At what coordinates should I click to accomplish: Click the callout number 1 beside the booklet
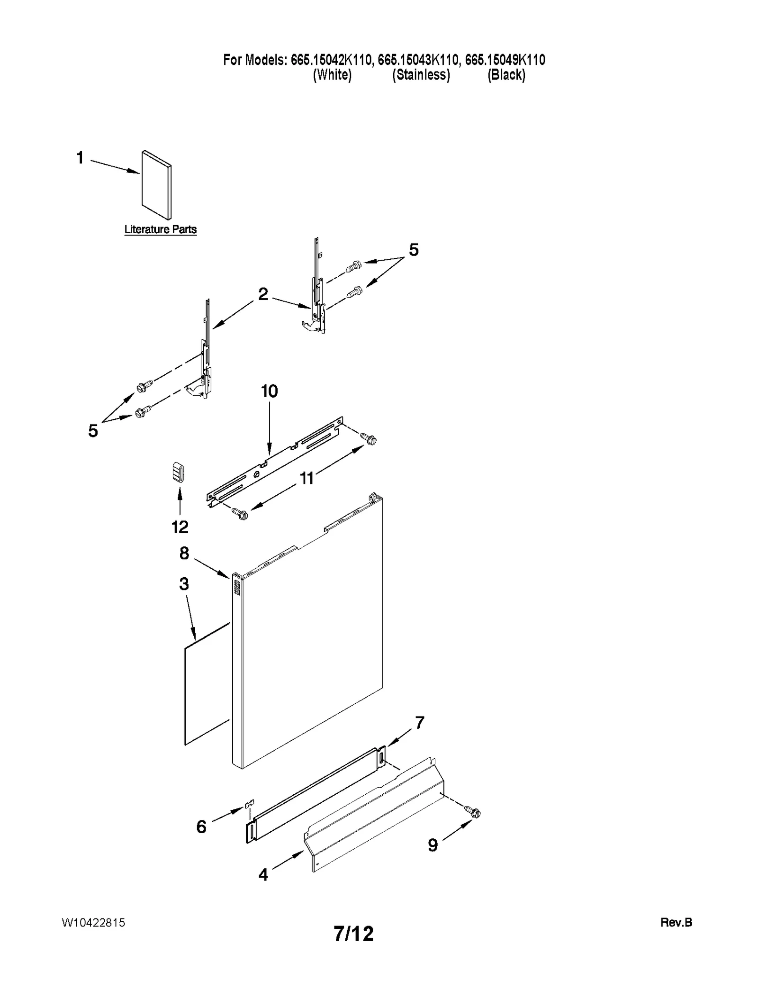(x=80, y=157)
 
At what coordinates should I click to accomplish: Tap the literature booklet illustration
(x=156, y=185)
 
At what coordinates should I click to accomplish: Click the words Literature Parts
(x=160, y=229)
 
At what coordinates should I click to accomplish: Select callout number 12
(x=180, y=527)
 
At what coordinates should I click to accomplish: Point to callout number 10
(x=269, y=391)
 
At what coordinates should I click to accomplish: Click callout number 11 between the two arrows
(x=307, y=478)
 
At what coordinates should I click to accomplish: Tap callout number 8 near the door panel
(x=184, y=553)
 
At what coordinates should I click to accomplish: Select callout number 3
(x=184, y=584)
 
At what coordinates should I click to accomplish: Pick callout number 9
(x=433, y=845)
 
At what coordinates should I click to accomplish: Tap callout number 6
(x=201, y=827)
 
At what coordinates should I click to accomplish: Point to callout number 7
(x=420, y=723)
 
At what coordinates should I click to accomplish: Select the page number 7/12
(x=353, y=934)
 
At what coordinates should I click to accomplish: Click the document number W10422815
(x=93, y=922)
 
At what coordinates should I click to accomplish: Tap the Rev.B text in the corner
(x=676, y=922)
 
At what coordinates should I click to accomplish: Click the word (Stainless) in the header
(x=421, y=75)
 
